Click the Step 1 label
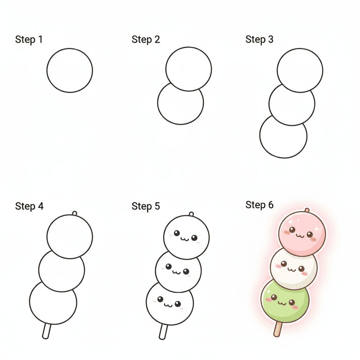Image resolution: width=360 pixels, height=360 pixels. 29,39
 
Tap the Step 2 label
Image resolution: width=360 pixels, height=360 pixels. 146,39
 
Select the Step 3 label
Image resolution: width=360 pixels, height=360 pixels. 260,39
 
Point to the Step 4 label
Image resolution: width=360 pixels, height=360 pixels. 29,206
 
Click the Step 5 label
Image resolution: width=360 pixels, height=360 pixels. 146,206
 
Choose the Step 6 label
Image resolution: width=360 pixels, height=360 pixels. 260,205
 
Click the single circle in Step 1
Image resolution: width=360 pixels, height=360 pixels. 70,70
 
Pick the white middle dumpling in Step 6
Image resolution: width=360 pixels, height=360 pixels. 294,268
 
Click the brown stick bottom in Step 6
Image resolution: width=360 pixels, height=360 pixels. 277,330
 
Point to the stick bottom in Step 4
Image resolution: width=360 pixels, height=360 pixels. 46,331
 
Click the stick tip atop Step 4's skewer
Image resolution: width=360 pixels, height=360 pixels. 75,214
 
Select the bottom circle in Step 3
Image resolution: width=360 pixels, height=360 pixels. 283,137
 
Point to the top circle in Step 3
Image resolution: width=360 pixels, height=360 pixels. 300,70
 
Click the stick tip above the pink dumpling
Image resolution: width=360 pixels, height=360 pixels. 307,210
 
